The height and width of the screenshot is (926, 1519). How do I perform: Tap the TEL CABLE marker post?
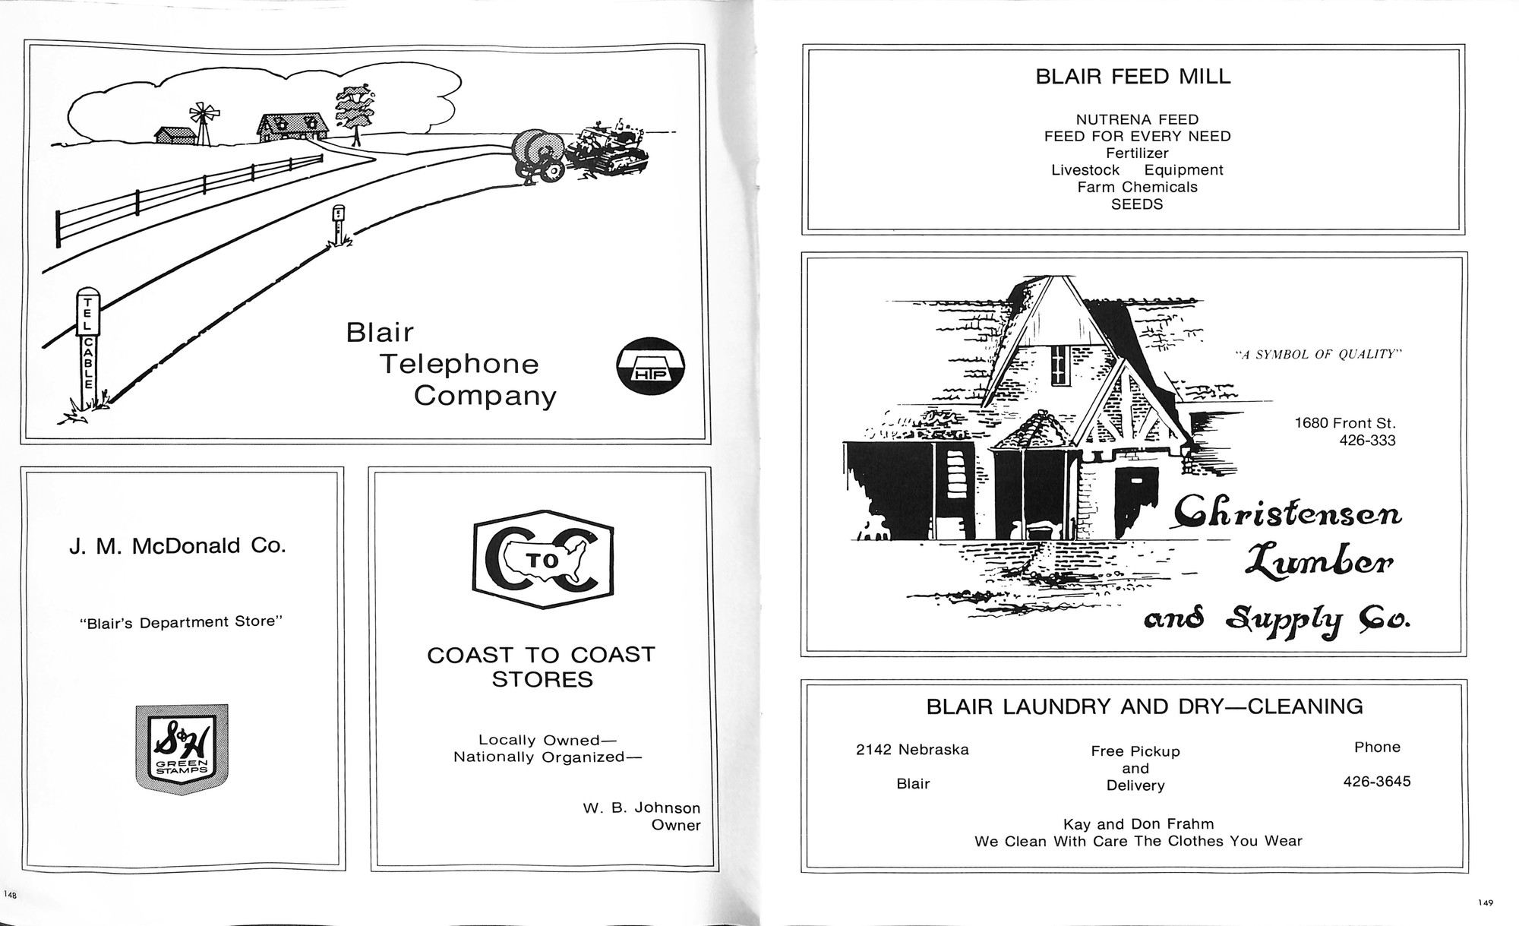click(88, 349)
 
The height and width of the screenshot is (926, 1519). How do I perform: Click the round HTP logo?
click(650, 366)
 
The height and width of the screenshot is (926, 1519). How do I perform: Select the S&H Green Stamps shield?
click(182, 749)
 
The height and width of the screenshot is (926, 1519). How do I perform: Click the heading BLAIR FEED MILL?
click(1133, 77)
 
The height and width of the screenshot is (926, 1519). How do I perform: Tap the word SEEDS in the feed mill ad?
click(1137, 204)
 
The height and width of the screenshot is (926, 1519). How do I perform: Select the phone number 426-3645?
click(1377, 781)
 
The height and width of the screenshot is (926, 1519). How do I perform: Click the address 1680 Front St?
click(1345, 423)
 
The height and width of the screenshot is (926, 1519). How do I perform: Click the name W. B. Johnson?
click(642, 808)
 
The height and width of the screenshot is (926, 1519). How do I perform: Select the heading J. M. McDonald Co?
click(178, 546)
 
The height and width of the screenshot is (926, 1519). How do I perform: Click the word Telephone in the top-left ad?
click(459, 365)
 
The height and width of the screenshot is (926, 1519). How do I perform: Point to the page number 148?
click(10, 895)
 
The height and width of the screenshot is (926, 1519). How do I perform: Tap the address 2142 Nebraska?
click(912, 750)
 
